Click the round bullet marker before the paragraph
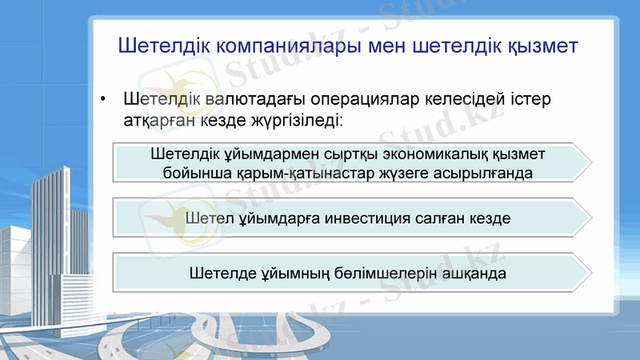[x=103, y=102]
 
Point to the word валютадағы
[x=254, y=101]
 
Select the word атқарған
[x=156, y=122]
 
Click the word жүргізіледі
[x=299, y=122]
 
